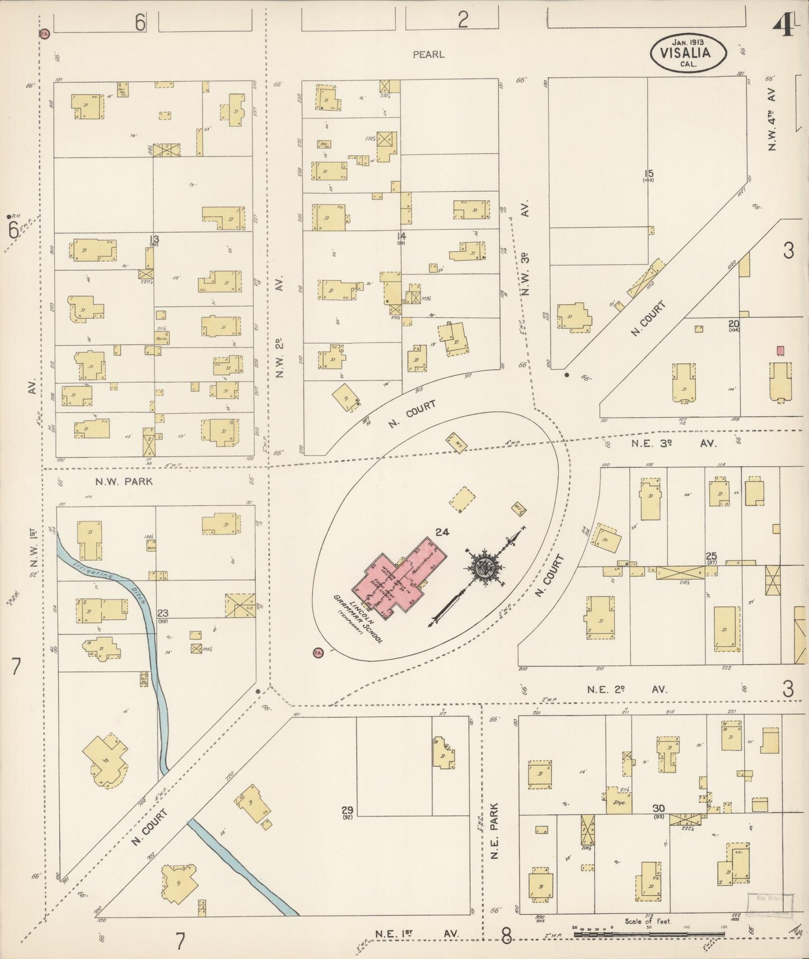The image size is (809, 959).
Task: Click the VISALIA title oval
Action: click(x=688, y=53)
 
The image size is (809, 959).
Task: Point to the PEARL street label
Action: click(x=428, y=54)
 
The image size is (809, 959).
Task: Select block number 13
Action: click(x=153, y=240)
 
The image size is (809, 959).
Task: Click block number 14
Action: click(x=401, y=237)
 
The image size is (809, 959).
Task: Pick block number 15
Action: click(x=649, y=173)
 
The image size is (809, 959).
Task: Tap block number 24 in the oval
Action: click(x=442, y=532)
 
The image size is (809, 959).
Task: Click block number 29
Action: click(x=347, y=810)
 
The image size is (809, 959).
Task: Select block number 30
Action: click(x=658, y=808)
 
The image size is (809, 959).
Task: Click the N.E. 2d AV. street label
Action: click(x=627, y=689)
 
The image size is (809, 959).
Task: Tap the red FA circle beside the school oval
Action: click(x=318, y=652)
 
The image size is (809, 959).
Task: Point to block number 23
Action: click(x=163, y=613)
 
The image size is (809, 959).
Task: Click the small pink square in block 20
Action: click(x=780, y=350)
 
